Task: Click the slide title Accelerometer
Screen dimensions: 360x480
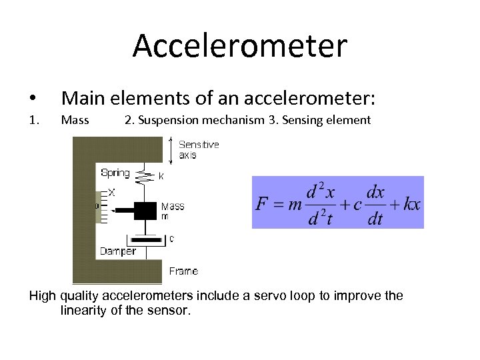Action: (240, 46)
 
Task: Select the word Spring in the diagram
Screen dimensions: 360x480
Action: (115, 173)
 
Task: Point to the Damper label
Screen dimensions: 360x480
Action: (117, 251)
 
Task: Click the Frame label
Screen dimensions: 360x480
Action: (183, 271)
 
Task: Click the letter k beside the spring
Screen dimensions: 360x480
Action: (161, 177)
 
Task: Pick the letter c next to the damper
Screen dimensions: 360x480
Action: (172, 237)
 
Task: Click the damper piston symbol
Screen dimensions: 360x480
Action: (146, 239)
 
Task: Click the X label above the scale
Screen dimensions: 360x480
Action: (111, 192)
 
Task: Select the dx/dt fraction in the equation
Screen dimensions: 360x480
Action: (375, 205)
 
